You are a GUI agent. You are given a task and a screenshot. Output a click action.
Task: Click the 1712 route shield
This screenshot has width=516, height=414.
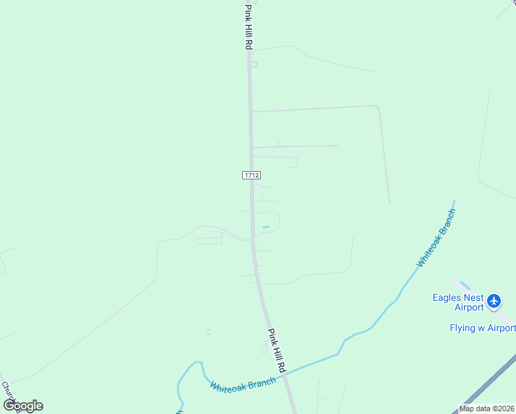point(251,176)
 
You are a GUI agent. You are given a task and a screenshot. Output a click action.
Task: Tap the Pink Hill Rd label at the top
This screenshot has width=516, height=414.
point(248,26)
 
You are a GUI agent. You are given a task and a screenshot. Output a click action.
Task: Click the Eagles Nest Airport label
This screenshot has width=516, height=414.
point(458,302)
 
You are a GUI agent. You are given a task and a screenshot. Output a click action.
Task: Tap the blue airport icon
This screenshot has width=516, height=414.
point(493,301)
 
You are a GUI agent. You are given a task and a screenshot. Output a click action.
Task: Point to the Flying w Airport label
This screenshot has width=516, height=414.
point(482,328)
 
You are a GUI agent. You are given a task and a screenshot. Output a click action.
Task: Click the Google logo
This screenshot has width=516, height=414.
point(23,406)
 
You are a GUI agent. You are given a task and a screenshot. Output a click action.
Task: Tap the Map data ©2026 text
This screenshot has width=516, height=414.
point(487,408)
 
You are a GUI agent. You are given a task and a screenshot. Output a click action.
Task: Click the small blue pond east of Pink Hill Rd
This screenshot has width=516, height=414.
point(266,227)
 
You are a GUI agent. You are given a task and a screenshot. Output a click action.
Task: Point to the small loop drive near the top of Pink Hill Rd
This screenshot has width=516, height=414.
point(254,64)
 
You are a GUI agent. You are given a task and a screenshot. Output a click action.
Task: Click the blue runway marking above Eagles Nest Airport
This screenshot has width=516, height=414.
point(464,285)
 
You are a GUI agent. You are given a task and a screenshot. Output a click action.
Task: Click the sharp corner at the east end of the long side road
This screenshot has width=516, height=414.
point(377,106)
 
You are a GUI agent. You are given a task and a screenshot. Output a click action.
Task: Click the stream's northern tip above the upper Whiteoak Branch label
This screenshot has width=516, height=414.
point(453,202)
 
